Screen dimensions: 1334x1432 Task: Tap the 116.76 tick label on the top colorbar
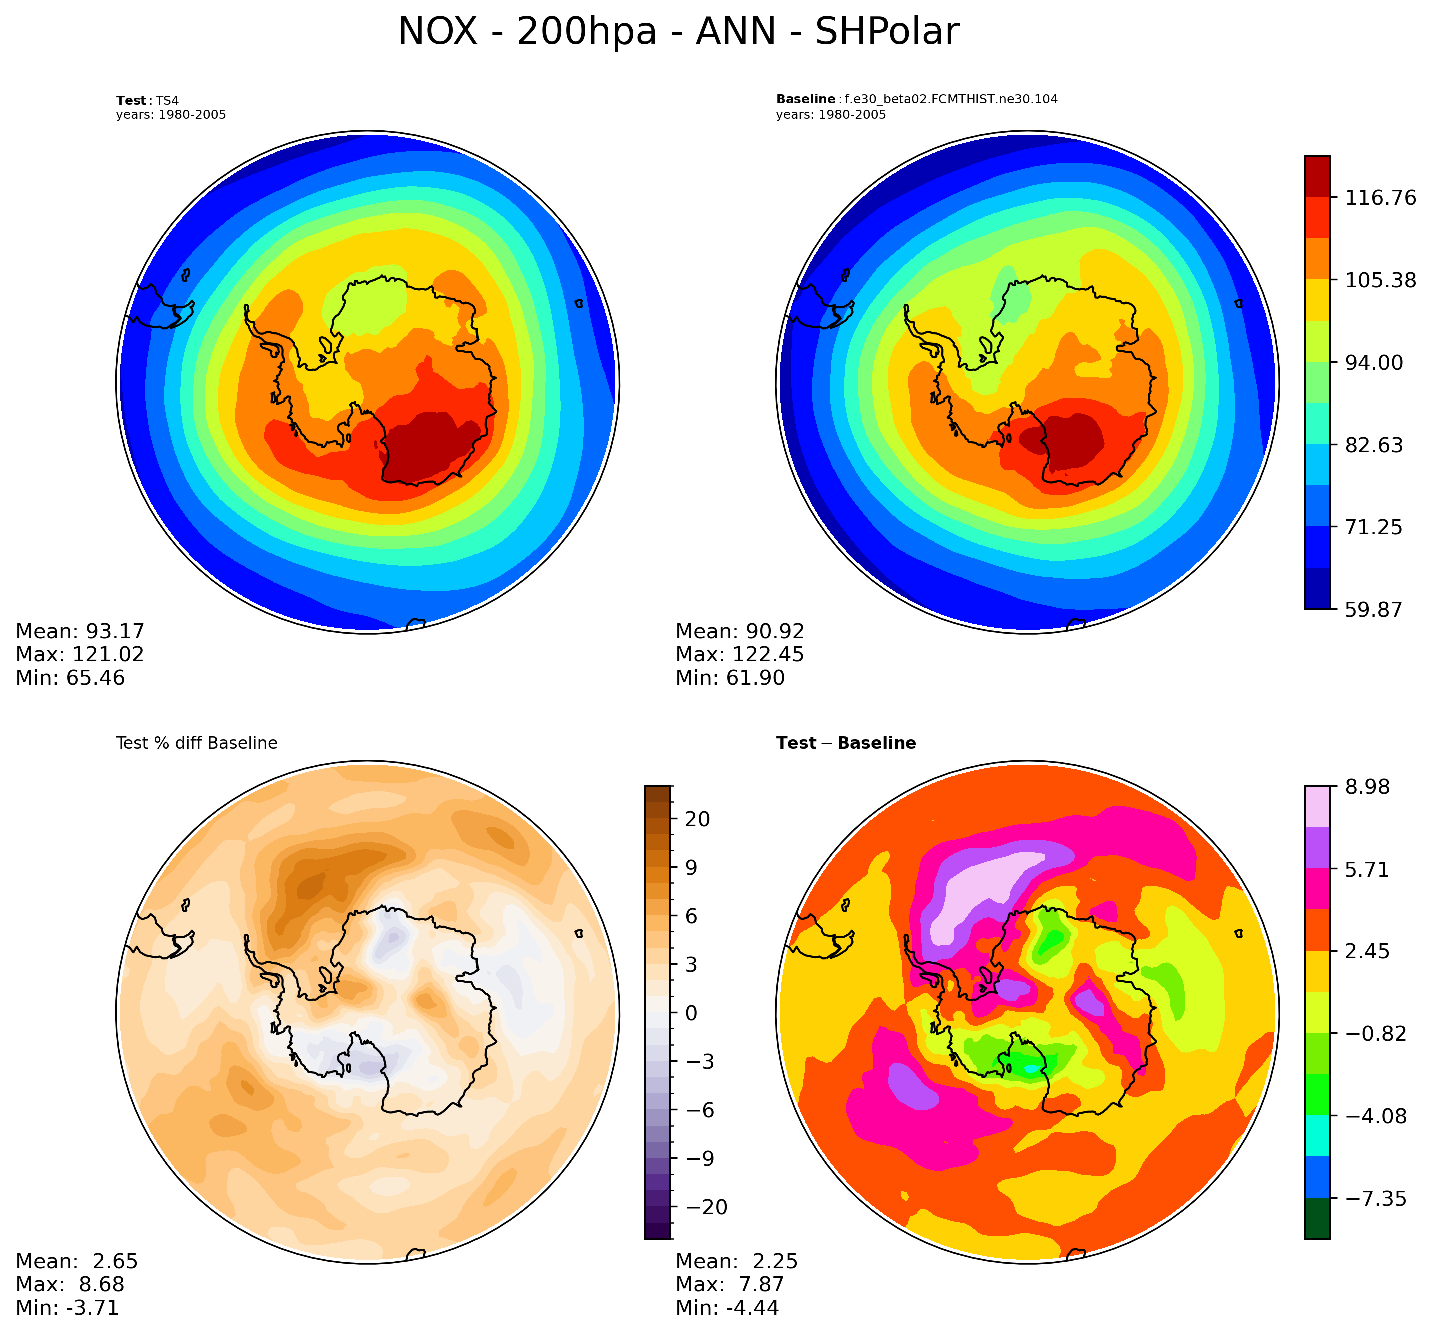(1380, 197)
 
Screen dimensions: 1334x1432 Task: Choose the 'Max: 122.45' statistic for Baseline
(739, 654)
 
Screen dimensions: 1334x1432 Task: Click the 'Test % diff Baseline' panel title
(197, 743)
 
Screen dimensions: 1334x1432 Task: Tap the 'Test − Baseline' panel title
(846, 743)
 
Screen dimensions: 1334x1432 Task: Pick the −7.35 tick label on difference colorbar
(1375, 1198)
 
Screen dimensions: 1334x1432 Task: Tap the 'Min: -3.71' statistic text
(67, 1307)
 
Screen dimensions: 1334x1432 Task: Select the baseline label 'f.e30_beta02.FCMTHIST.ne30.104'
(951, 99)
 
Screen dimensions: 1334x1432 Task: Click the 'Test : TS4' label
(147, 100)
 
